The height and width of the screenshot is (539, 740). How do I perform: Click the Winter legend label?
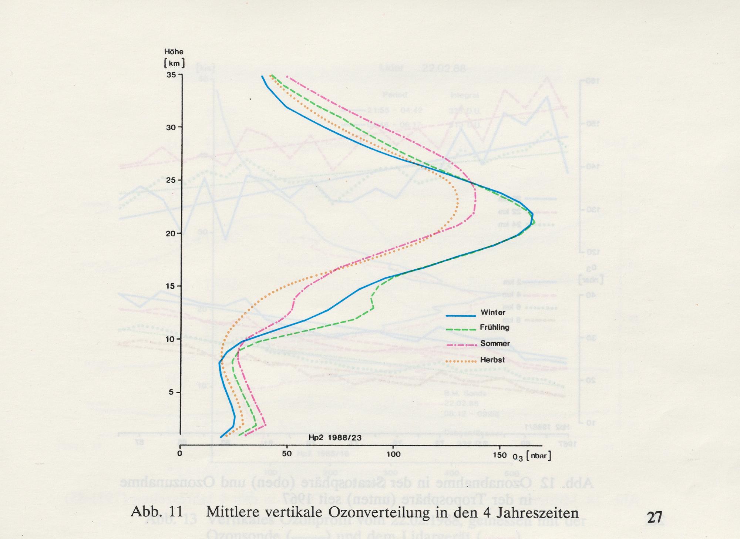coord(493,313)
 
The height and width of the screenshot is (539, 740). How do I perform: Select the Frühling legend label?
coord(495,327)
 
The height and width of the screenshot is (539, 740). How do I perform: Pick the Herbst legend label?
coord(492,360)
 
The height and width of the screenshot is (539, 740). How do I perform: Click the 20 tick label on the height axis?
coord(171,233)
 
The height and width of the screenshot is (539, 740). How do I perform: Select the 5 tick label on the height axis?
coord(171,392)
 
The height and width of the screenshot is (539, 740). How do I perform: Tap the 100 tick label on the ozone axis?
coord(393,454)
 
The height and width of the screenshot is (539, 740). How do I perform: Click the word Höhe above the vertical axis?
coord(174,52)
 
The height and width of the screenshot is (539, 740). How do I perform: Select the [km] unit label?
coord(174,63)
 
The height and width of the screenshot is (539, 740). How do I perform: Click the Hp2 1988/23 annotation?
coord(335,438)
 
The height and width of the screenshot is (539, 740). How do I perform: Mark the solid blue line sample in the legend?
coord(461,316)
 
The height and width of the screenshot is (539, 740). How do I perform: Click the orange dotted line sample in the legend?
coord(461,361)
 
